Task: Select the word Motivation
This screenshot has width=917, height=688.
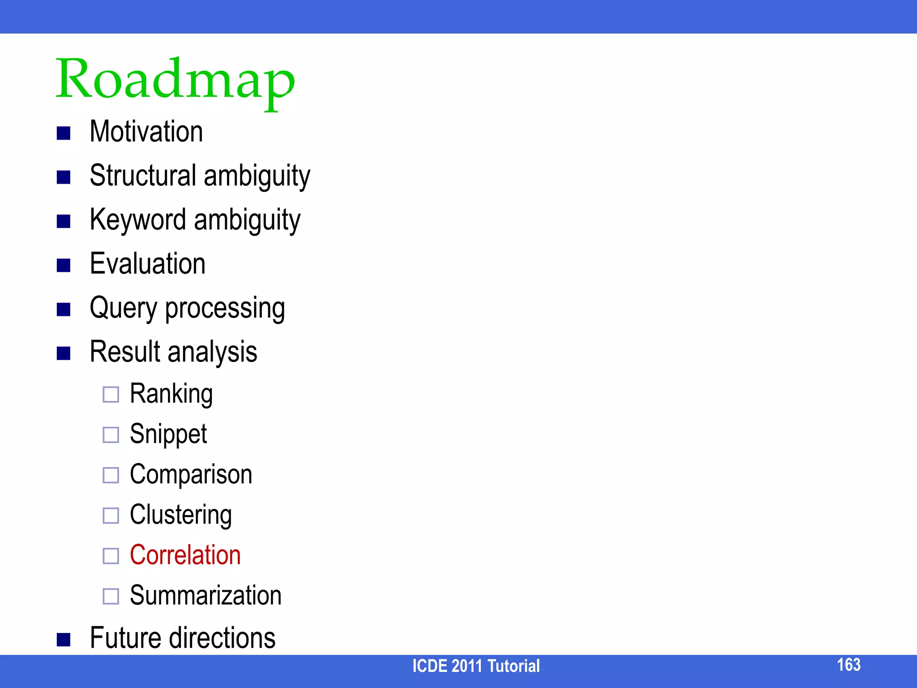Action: pyautogui.click(x=146, y=132)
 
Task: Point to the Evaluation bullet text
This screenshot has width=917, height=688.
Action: pyautogui.click(x=148, y=263)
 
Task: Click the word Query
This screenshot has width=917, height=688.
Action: pyautogui.click(x=124, y=308)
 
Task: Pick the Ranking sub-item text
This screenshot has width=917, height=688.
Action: pyautogui.click(x=171, y=394)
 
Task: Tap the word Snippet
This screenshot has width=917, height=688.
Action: pyautogui.click(x=168, y=434)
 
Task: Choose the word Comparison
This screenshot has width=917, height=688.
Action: pyautogui.click(x=191, y=474)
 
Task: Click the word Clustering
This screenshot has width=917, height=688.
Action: pyautogui.click(x=181, y=515)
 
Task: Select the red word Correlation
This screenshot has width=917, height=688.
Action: pyautogui.click(x=185, y=555)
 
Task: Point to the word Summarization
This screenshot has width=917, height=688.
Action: pyautogui.click(x=206, y=595)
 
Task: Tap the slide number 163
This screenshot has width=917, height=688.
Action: pyautogui.click(x=848, y=665)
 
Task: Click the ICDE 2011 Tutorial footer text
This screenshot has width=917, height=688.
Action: pyautogui.click(x=476, y=666)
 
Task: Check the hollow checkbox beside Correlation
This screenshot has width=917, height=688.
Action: pyautogui.click(x=111, y=556)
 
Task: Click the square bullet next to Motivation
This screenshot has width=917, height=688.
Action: pyautogui.click(x=64, y=133)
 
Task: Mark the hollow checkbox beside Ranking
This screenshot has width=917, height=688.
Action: pyautogui.click(x=111, y=395)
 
